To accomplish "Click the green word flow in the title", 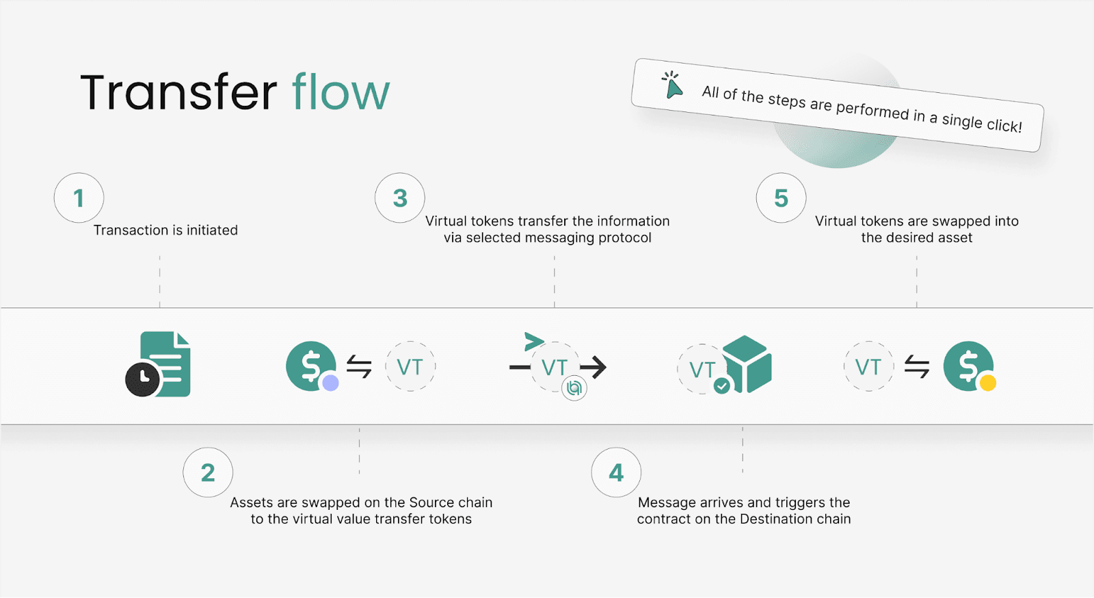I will [341, 92].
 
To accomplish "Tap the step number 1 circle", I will [79, 198].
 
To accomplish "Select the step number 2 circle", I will [208, 472].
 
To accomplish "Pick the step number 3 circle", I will [400, 198].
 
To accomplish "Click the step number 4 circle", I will [616, 472].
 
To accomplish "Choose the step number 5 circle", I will [781, 198].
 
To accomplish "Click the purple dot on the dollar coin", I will [331, 383].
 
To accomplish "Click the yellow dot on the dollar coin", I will [987, 383].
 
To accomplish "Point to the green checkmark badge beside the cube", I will [721, 386].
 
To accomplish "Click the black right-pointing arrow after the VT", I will [593, 367].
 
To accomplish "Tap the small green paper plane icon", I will [533, 340].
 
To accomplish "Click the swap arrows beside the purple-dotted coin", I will [359, 367].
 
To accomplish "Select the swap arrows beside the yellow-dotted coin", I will [917, 367].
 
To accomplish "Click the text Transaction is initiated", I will [165, 230].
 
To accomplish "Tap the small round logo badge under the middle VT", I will [574, 389].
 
